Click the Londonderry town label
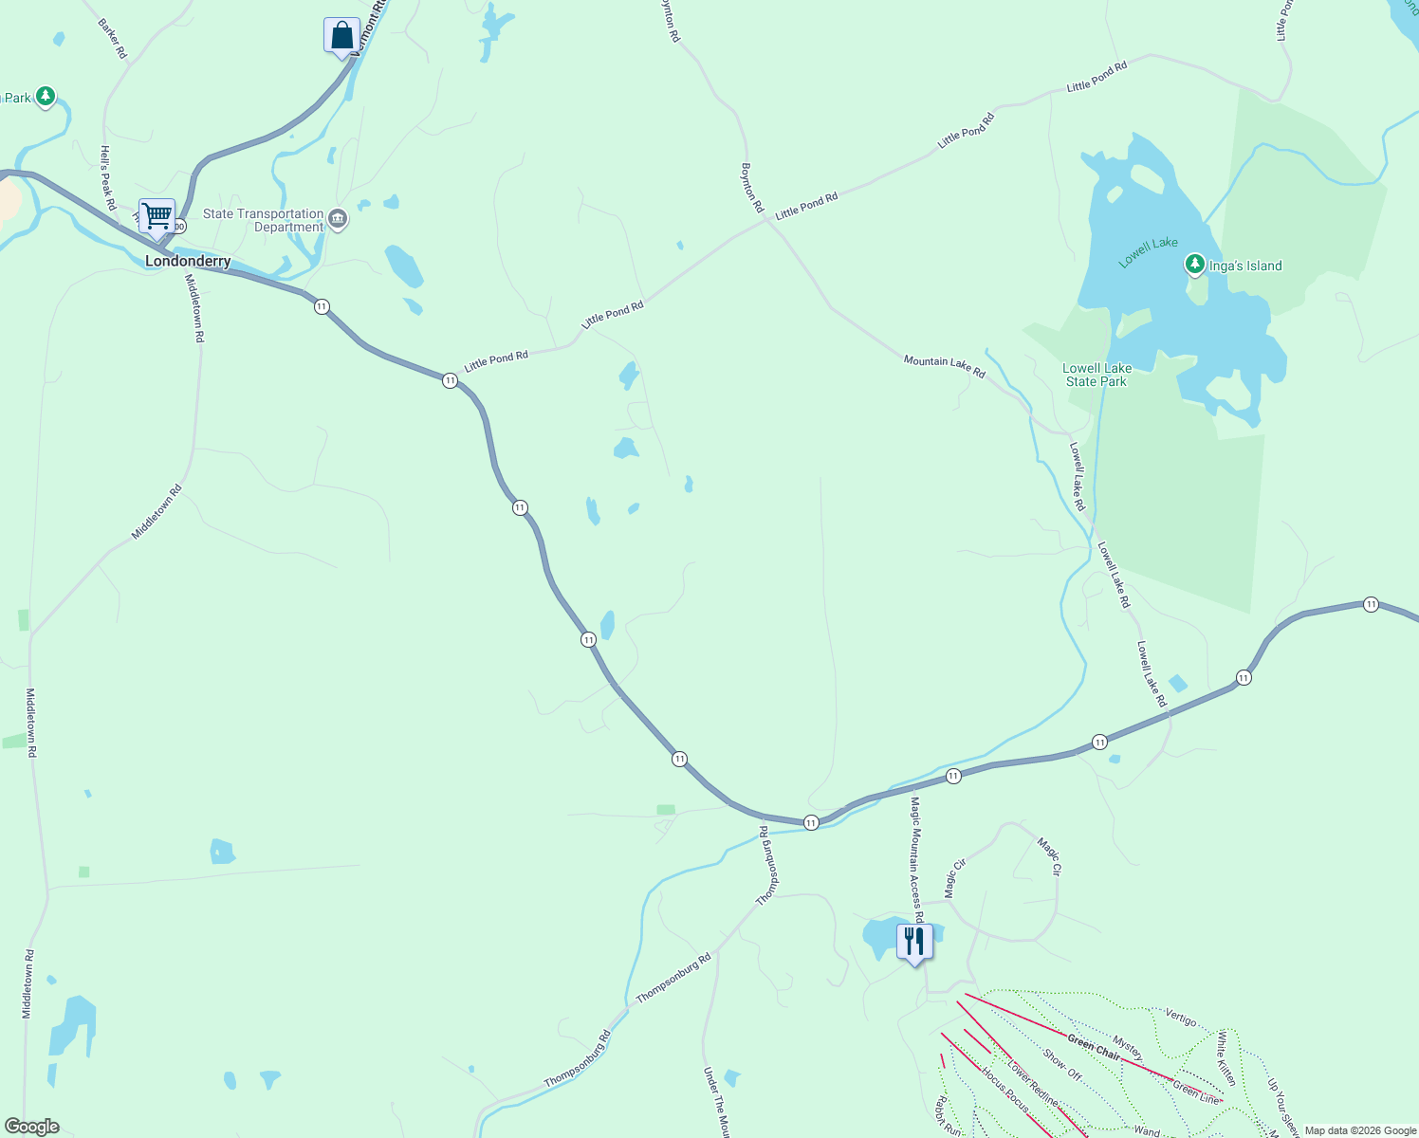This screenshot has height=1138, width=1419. click(188, 261)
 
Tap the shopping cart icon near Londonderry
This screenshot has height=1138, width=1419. click(157, 216)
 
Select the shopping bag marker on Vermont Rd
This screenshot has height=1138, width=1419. click(341, 36)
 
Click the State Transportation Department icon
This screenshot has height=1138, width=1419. click(338, 221)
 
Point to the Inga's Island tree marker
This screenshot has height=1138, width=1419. click(1194, 265)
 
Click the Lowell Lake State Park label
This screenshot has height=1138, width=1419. click(1096, 375)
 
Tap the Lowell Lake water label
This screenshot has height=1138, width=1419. click(1148, 252)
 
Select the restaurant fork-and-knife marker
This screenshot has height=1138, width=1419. click(913, 942)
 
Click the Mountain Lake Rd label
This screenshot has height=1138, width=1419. click(944, 366)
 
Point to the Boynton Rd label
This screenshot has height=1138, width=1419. click(751, 187)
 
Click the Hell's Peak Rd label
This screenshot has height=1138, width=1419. click(108, 178)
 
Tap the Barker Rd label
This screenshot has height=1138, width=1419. click(112, 39)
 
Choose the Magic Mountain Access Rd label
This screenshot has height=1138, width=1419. click(915, 859)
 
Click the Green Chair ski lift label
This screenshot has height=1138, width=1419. click(1094, 1047)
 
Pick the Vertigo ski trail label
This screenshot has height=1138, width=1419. click(1181, 1019)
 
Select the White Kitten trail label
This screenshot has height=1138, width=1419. click(1226, 1057)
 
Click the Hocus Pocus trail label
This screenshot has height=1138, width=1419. click(1005, 1090)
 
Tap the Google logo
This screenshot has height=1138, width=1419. click(32, 1127)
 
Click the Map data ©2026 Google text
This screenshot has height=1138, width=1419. click(1360, 1130)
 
